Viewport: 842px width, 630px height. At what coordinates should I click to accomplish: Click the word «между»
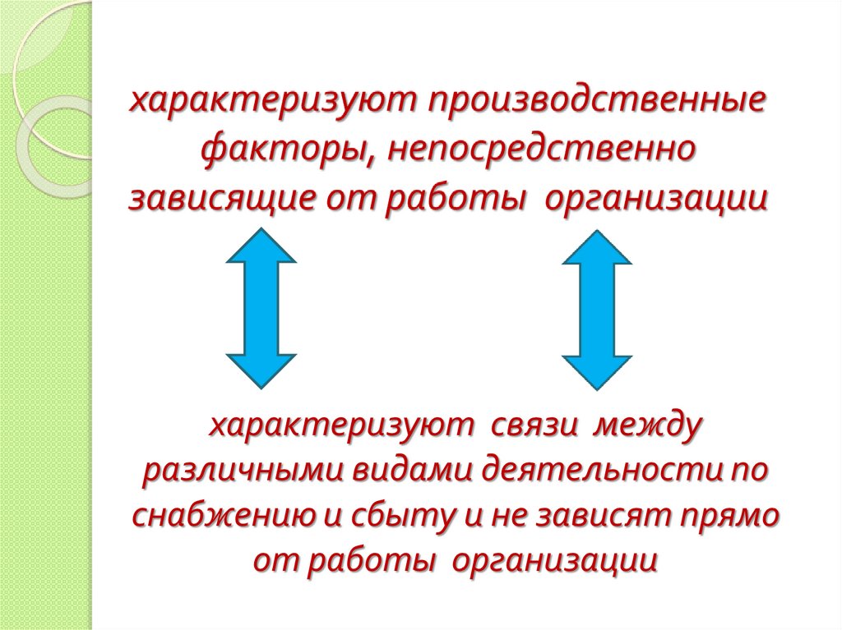tap(650, 426)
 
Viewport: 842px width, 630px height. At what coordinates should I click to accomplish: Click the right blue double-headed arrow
tap(597, 308)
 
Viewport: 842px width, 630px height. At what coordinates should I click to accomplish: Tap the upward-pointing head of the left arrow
tap(261, 246)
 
